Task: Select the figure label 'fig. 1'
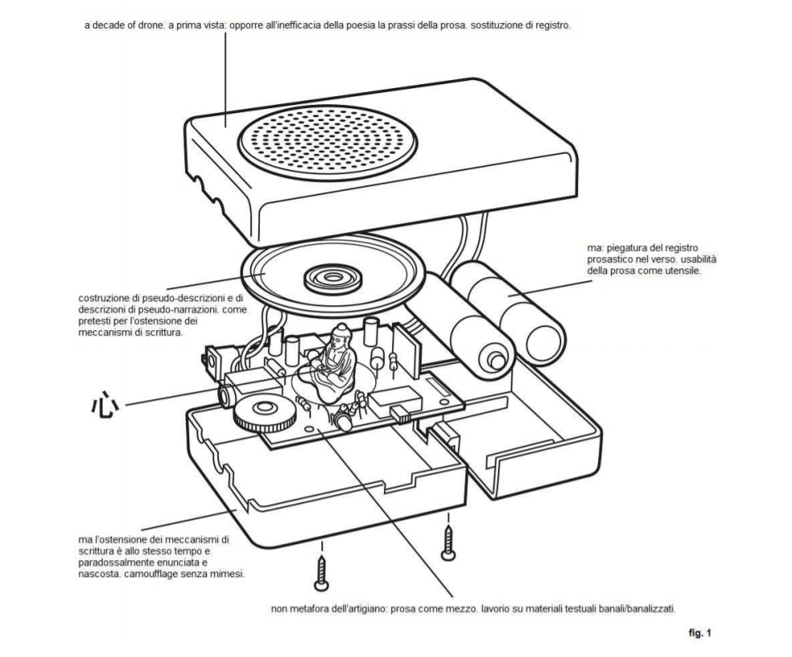(x=697, y=633)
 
